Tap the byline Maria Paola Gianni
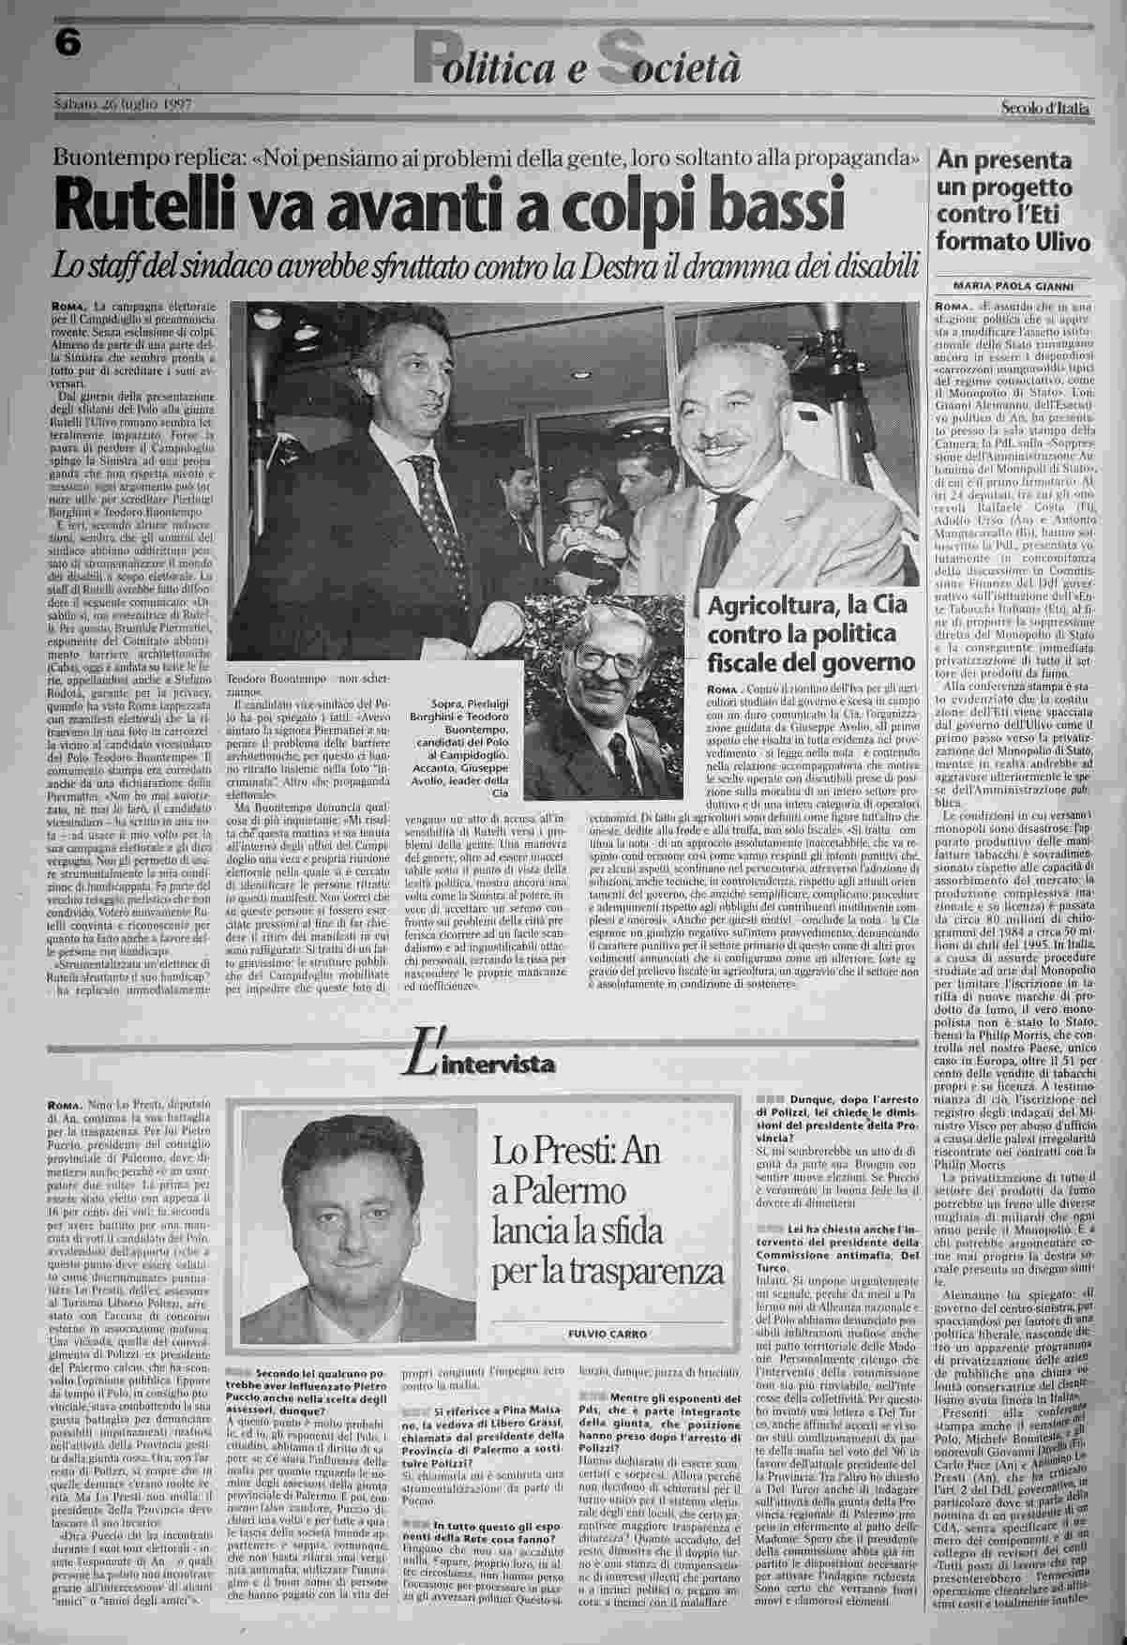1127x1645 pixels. point(1013,287)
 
